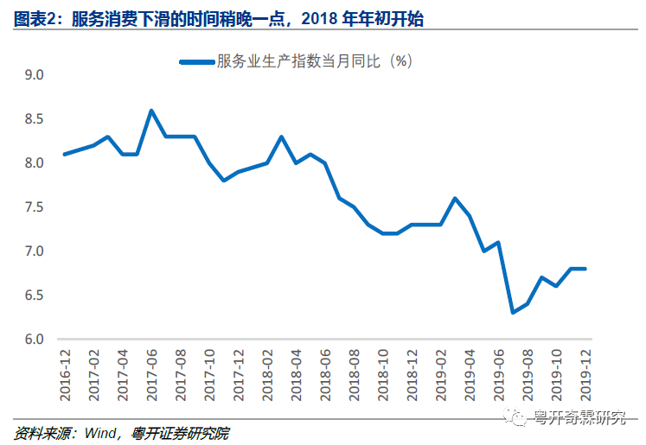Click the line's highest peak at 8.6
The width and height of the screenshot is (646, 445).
pyautogui.click(x=151, y=111)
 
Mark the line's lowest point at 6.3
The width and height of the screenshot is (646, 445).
pyautogui.click(x=513, y=313)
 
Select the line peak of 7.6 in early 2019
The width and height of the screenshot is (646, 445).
pyautogui.click(x=455, y=198)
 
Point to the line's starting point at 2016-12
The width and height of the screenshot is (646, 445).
pyautogui.click(x=65, y=155)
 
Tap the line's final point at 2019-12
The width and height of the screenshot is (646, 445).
pyautogui.click(x=585, y=269)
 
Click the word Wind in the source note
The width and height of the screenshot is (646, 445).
pyautogui.click(x=100, y=432)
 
